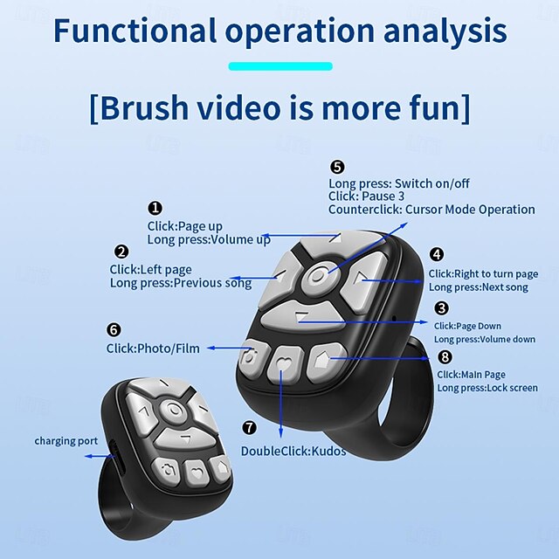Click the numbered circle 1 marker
[155, 208]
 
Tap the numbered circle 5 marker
[337, 167]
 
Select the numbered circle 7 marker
[250, 428]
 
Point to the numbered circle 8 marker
[445, 357]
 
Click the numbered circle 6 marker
[114, 329]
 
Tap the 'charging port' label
[66, 441]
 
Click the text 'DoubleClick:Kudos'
[293, 452]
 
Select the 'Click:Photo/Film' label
[153, 349]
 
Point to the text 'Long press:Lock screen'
[487, 388]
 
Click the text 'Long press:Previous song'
[181, 283]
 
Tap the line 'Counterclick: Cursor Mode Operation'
[431, 210]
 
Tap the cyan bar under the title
[280, 66]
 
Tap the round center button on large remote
[319, 277]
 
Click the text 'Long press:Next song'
[479, 287]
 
